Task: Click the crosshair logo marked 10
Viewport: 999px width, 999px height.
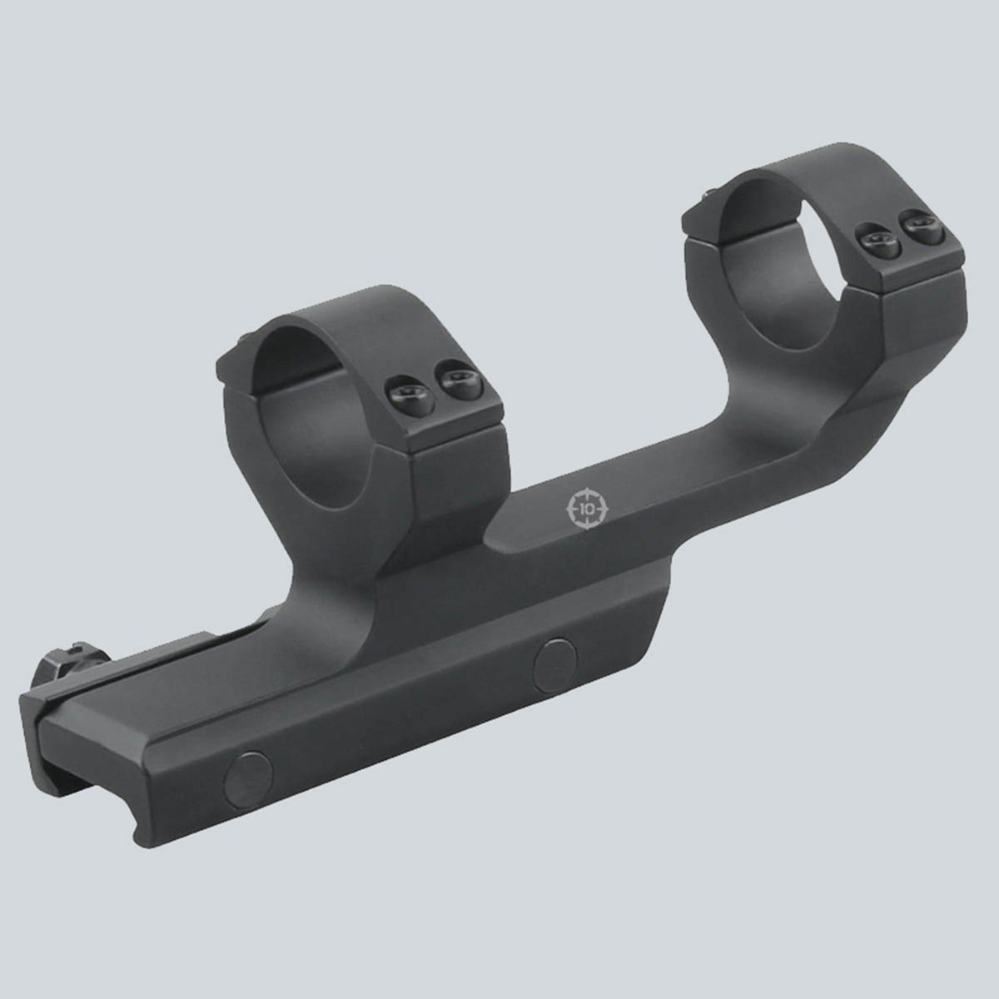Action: pyautogui.click(x=589, y=509)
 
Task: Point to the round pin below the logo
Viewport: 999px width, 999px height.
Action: pyautogui.click(x=555, y=665)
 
